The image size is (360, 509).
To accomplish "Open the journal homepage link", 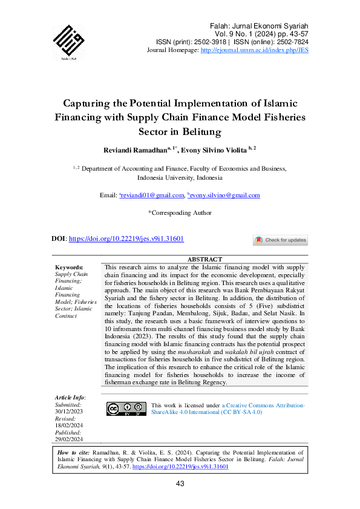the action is [254, 51].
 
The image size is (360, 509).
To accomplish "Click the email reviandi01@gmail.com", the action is [152, 195].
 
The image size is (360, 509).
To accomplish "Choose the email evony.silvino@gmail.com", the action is [225, 195].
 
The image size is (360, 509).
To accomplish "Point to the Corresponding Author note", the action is [180, 212].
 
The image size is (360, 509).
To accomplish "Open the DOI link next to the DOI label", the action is [126, 239].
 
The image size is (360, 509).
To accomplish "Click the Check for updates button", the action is [280, 240].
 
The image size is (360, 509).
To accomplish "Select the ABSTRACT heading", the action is [205, 259].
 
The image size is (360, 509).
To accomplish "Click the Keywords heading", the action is [69, 267].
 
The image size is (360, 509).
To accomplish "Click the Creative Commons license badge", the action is [126, 409].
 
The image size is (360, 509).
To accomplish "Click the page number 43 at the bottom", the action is [180, 484].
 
